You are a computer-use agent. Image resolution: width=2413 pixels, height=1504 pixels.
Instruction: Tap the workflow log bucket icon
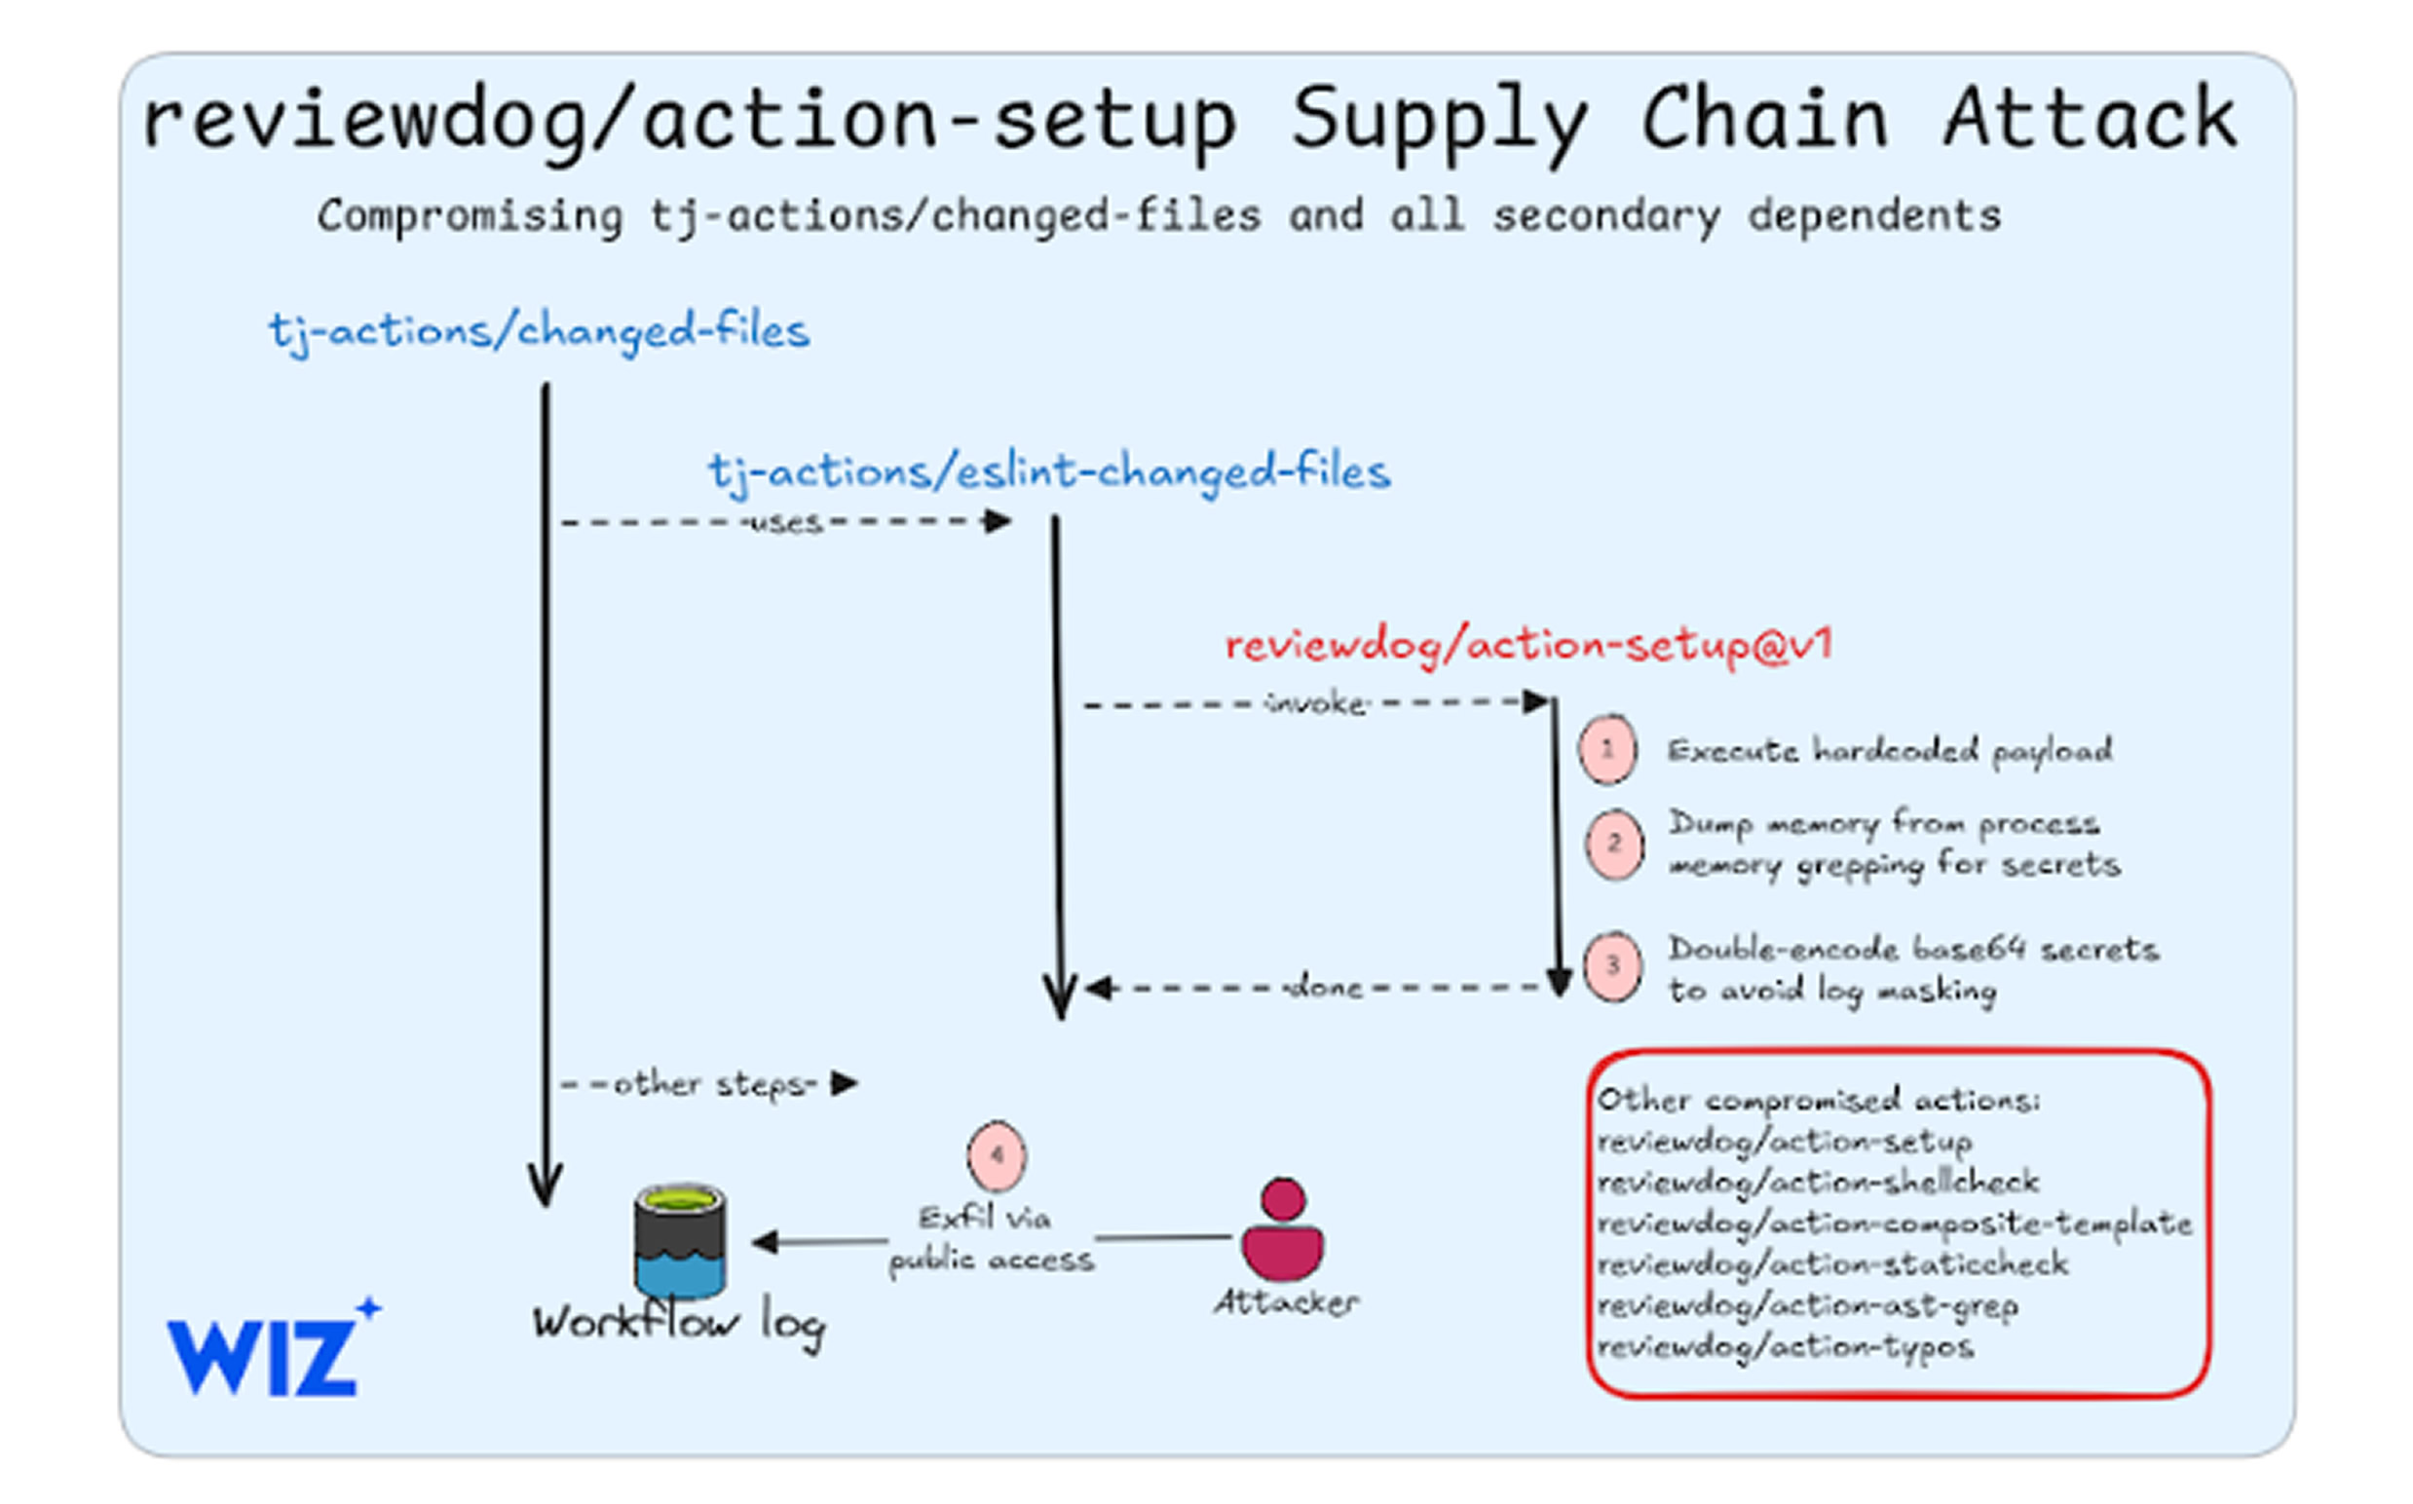(680, 1240)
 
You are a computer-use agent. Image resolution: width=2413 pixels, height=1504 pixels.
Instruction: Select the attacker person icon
(1283, 1230)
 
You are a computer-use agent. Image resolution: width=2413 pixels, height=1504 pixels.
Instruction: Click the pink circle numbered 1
(1607, 750)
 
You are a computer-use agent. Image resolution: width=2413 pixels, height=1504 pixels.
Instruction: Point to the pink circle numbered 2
(1613, 845)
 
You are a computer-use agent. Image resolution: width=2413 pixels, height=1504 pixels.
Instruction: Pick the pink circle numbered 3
(1612, 966)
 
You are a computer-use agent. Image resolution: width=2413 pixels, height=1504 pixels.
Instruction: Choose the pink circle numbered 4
(996, 1156)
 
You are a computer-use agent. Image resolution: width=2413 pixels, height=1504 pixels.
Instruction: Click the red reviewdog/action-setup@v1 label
(1527, 646)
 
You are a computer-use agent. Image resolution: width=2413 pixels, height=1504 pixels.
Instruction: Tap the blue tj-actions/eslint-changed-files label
(1049, 471)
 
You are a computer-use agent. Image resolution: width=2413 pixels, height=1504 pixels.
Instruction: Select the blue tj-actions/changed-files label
(539, 331)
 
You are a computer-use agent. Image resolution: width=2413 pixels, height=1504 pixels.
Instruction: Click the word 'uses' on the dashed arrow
(786, 522)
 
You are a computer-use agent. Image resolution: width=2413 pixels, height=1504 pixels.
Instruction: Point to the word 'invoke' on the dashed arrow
(1316, 703)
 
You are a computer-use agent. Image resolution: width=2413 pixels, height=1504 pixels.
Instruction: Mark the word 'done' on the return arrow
(1324, 988)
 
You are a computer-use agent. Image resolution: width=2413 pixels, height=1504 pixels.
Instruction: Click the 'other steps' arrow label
(714, 1083)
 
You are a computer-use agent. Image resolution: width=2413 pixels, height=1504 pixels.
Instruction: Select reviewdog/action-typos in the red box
(1786, 1347)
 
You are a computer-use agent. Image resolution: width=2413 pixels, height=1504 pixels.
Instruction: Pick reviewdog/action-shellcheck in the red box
(1818, 1182)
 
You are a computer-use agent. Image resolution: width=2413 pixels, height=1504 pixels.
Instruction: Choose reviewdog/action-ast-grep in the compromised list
(1807, 1305)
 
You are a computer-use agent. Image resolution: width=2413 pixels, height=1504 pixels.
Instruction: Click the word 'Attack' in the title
(2090, 120)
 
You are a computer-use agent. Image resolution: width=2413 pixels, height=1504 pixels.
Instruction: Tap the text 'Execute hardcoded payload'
(1890, 750)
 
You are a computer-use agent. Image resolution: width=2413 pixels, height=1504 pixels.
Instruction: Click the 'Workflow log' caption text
(678, 1323)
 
